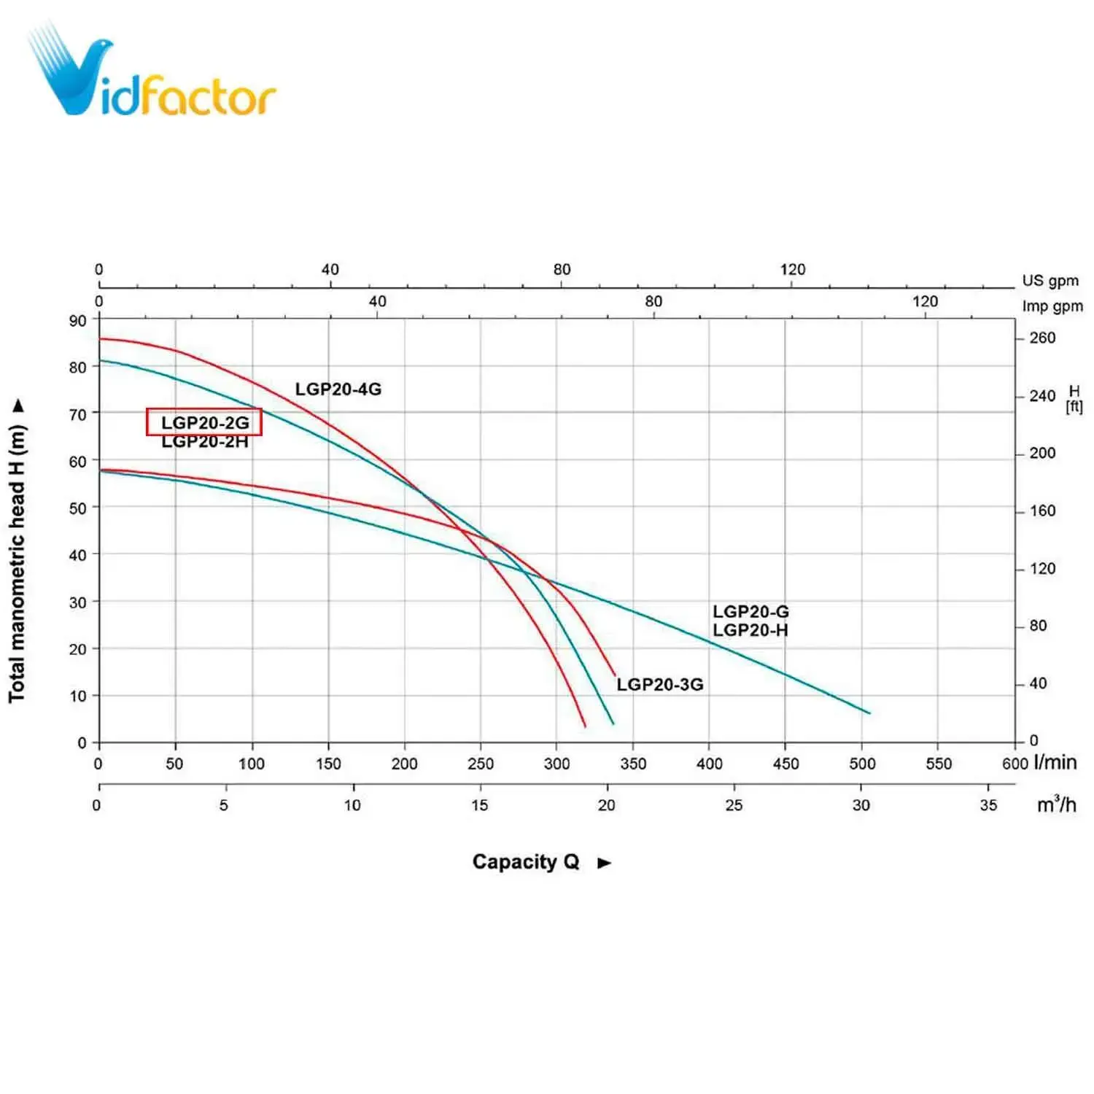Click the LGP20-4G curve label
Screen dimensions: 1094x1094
point(338,389)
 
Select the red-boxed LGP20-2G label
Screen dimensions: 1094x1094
point(204,422)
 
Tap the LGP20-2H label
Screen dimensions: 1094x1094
point(204,442)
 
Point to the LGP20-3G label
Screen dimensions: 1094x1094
point(659,684)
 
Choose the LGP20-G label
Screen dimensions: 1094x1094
point(750,611)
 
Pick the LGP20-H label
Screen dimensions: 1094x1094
point(750,630)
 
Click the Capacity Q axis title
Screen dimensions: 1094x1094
point(526,862)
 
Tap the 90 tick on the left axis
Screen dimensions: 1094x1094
point(77,321)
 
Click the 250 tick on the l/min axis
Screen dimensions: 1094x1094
point(480,764)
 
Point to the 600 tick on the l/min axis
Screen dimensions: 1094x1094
point(1015,764)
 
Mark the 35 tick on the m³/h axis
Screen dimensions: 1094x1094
point(988,805)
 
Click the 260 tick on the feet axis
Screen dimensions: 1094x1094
point(1042,338)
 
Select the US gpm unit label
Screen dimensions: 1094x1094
point(1050,281)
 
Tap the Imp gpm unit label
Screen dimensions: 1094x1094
point(1052,306)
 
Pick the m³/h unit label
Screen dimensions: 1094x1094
point(1056,804)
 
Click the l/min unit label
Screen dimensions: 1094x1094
point(1055,762)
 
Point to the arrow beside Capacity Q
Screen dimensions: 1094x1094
point(604,863)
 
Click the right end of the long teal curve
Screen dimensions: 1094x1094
point(869,713)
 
